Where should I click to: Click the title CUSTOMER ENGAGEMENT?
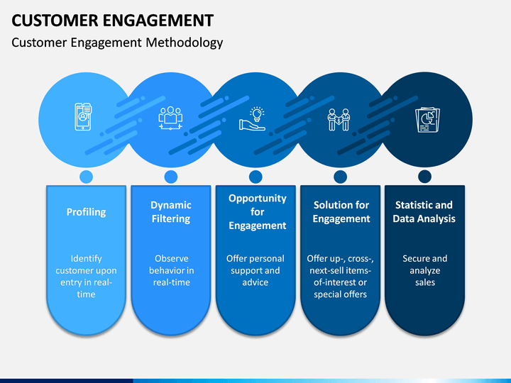click(x=112, y=20)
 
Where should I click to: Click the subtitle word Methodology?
click(x=184, y=43)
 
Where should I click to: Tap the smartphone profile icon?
click(x=83, y=116)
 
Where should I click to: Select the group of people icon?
click(x=170, y=118)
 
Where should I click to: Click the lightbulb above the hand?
click(x=257, y=113)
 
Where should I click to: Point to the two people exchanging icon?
click(x=339, y=120)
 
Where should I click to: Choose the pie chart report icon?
click(x=427, y=120)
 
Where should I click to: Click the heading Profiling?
click(x=86, y=212)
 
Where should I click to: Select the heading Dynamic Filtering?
click(x=171, y=211)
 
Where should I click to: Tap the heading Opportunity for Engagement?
click(x=257, y=211)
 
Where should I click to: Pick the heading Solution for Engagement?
click(x=341, y=211)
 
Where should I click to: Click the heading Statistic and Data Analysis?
click(x=424, y=211)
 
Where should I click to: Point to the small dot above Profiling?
click(x=86, y=177)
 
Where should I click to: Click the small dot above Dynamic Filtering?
click(x=171, y=177)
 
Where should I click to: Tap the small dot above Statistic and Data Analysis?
click(x=424, y=177)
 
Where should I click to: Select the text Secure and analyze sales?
click(x=425, y=270)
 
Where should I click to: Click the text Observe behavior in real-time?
click(x=172, y=270)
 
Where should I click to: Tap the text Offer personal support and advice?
click(x=255, y=270)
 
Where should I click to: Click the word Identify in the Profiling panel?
click(x=86, y=259)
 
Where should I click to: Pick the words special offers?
click(x=340, y=294)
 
